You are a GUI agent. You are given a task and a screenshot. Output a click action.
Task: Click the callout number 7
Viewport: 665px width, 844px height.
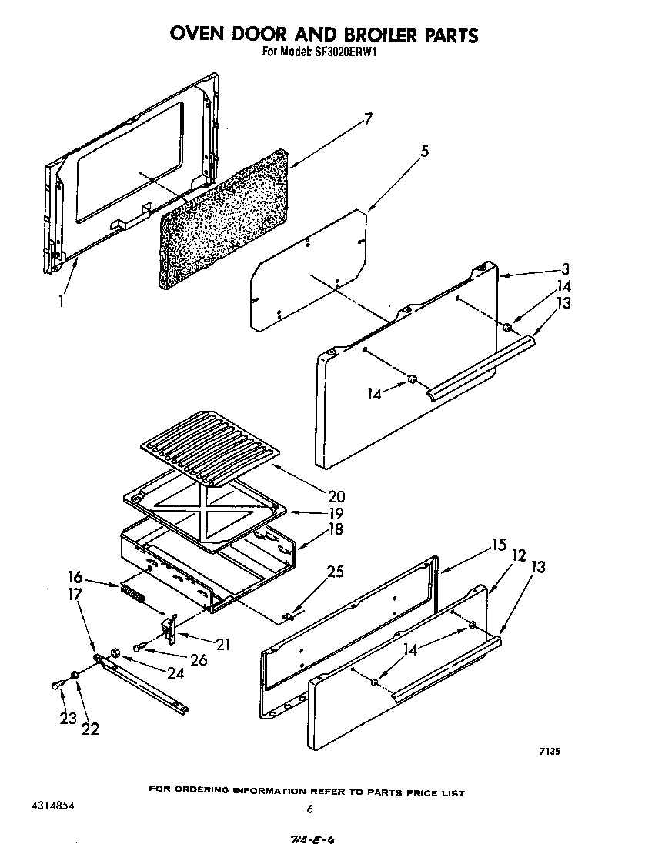(x=369, y=118)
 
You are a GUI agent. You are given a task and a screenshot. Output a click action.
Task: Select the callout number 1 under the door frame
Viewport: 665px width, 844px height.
(x=61, y=302)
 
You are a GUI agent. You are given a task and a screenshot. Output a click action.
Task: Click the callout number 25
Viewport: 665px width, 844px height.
(x=335, y=572)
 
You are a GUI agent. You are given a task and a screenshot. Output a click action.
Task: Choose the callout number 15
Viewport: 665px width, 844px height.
(x=499, y=545)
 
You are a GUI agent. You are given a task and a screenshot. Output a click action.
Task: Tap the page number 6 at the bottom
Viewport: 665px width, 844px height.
(x=309, y=809)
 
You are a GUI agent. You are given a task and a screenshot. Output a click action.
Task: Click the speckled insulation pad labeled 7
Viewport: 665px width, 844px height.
(x=223, y=219)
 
